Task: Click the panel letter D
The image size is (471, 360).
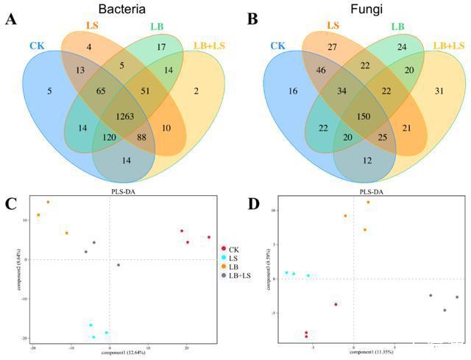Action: (253, 201)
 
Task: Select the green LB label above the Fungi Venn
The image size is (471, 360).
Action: (397, 27)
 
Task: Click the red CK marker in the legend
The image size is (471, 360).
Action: (223, 249)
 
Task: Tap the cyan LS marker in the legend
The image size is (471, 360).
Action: (223, 258)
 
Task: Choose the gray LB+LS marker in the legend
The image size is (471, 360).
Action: (223, 275)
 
